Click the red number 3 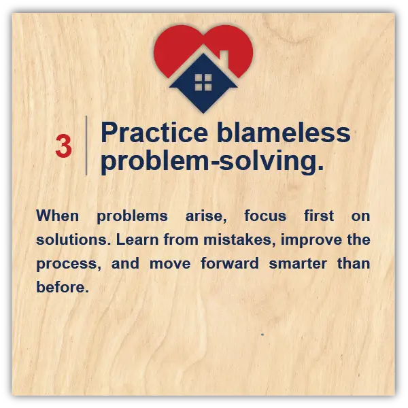coord(63,146)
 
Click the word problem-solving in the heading coord(212,161)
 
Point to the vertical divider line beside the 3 coord(86,146)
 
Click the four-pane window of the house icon coord(203,82)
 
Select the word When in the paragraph coord(58,216)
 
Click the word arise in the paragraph coord(206,216)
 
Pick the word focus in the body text coord(265,216)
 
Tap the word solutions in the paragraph coord(72,239)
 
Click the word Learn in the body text coord(137,239)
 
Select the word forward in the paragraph coord(230,263)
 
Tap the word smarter coord(298,263)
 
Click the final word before coord(63,287)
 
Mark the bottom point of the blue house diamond coord(203,113)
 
